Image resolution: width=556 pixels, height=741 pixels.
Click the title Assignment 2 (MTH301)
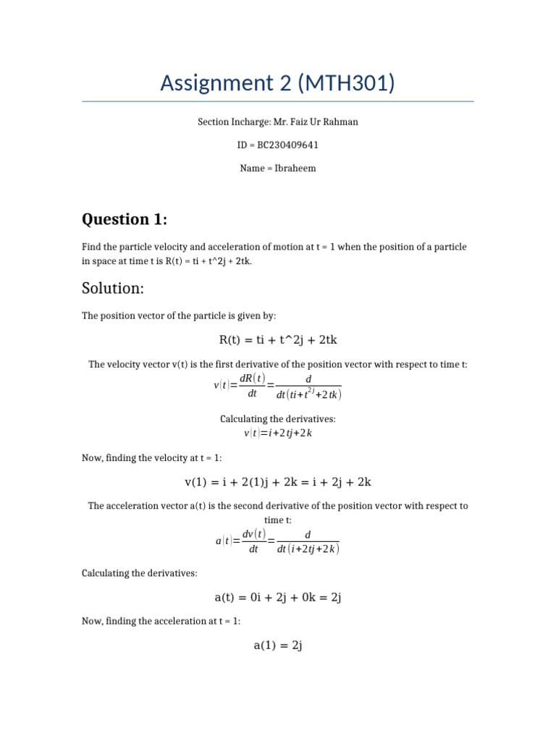[277, 83]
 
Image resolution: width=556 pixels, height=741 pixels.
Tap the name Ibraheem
[293, 168]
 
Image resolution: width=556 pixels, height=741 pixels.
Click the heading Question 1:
[127, 219]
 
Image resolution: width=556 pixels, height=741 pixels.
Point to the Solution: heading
[113, 288]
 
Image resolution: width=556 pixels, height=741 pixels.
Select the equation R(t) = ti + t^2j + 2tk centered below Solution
[278, 340]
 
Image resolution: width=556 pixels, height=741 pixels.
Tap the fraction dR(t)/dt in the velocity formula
[253, 386]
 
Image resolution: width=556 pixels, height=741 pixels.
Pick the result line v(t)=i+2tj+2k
[278, 433]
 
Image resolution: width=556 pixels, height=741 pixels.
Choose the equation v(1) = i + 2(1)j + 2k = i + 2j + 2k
[278, 481]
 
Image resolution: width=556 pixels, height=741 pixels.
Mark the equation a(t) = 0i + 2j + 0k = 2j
[278, 597]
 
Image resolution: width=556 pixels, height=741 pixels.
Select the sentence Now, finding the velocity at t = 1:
[152, 457]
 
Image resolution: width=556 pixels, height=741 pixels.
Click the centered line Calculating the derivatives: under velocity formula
[278, 419]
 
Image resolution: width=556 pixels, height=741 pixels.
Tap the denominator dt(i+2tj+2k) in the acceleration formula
[308, 549]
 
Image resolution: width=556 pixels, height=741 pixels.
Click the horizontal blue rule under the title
[278, 101]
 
